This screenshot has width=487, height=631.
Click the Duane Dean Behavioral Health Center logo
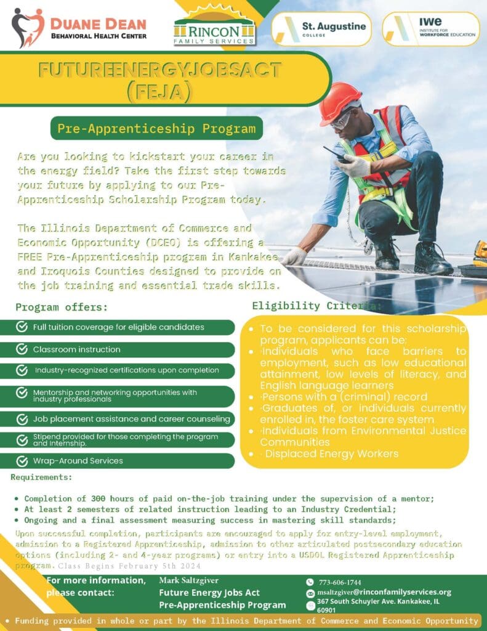coord(79,27)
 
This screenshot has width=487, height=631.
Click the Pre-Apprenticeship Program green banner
coord(156,129)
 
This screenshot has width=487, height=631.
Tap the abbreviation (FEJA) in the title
coord(159,91)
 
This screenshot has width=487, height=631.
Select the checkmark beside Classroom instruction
coord(22,349)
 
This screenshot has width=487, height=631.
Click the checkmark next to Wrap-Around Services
coord(22,460)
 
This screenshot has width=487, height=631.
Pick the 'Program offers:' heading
coord(62,307)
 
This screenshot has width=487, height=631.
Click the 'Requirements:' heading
coord(41,476)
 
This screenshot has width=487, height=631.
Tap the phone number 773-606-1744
coord(339,582)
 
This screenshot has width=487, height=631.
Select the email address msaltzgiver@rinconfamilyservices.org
coord(384,592)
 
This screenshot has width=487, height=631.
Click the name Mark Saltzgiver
coord(189,580)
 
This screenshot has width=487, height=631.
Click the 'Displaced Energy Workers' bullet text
coord(332,454)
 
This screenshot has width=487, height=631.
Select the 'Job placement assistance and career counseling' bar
coord(123,419)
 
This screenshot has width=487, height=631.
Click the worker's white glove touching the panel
coord(294,256)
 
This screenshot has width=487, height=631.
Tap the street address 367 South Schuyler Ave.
coord(378,601)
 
